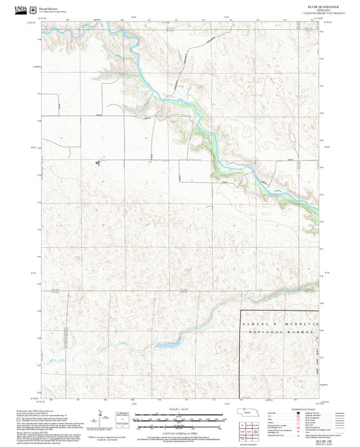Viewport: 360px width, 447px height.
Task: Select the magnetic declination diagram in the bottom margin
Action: pyautogui.click(x=103, y=418)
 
